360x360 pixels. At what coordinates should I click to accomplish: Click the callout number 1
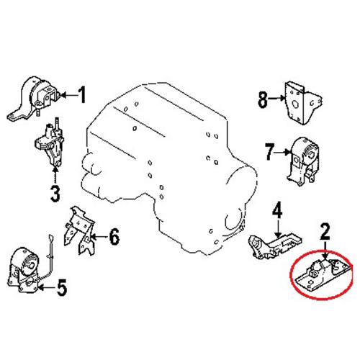tap(82, 95)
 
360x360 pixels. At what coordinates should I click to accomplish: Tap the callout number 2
tap(325, 231)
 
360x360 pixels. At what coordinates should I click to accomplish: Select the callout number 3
tap(55, 194)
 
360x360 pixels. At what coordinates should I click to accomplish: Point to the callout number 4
tap(277, 210)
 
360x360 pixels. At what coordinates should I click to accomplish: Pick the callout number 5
tap(61, 287)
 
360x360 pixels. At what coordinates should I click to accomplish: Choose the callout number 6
tap(114, 237)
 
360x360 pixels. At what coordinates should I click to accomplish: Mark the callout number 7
tap(269, 151)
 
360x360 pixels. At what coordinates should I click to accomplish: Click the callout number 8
tap(263, 100)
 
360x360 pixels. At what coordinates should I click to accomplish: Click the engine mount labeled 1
tap(33, 98)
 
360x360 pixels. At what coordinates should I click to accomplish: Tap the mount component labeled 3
tap(50, 144)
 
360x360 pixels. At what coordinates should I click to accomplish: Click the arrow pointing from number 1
tap(69, 95)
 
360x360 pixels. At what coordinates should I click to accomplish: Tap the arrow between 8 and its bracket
tap(276, 98)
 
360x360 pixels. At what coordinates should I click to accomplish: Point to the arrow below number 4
tap(278, 228)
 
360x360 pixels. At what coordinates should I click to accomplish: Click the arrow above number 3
tap(55, 175)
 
